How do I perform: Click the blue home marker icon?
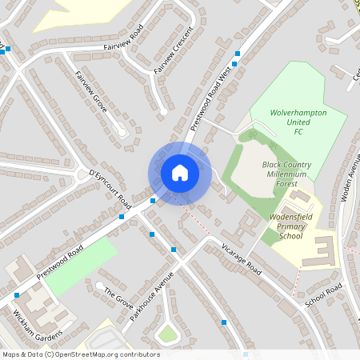click(179, 172)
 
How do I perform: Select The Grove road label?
click(118, 299)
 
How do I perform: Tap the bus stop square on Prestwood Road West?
click(237, 54)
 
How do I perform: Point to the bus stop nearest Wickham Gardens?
click(17, 294)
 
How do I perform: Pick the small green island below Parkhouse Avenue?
click(167, 334)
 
